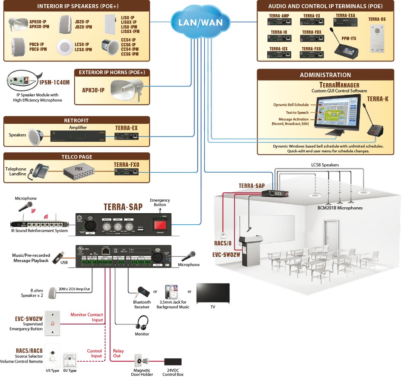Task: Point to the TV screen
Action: tap(213, 293)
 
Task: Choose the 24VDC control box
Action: tap(173, 362)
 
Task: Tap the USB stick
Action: tap(59, 257)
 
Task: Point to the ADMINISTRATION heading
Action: tap(325, 75)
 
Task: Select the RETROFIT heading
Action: tap(76, 120)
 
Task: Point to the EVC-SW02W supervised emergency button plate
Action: tap(52, 323)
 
